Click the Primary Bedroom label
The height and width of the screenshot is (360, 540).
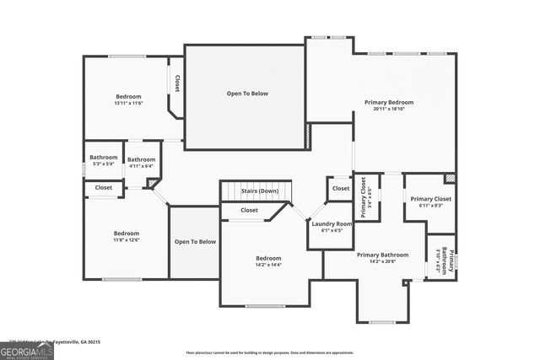point(389,102)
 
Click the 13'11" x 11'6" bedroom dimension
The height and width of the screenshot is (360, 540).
point(128,103)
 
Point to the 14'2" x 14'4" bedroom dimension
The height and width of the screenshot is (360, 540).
point(268,265)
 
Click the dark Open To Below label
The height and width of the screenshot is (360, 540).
point(246,94)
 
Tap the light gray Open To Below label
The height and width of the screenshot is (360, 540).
point(195,242)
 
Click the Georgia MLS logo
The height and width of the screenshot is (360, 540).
point(27,347)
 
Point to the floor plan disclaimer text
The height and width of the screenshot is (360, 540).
point(269,352)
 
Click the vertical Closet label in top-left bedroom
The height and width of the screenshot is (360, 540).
point(177,83)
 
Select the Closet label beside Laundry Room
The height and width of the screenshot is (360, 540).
point(340,188)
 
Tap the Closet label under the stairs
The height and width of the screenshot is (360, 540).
point(250,210)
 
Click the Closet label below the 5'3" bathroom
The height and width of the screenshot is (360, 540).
point(104,187)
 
